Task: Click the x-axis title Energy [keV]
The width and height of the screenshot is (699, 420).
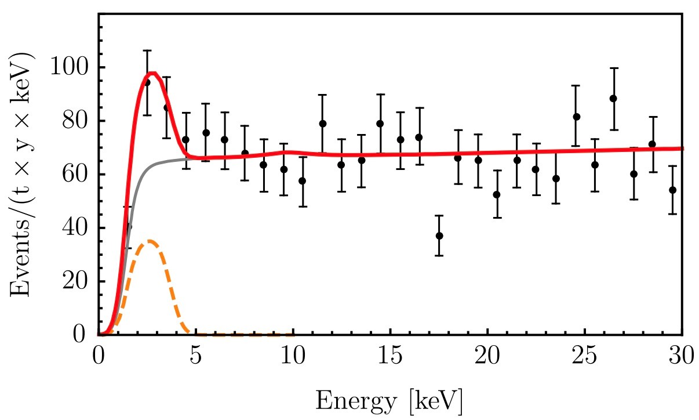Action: [389, 400]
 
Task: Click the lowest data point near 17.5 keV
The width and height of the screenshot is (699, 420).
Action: [439, 236]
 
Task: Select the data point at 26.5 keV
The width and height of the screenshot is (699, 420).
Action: [614, 98]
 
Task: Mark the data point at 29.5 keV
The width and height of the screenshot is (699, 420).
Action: [672, 190]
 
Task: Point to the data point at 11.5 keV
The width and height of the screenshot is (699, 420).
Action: [323, 124]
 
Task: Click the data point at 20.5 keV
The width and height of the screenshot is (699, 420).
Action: [497, 194]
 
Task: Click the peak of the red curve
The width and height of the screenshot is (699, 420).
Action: [152, 73]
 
